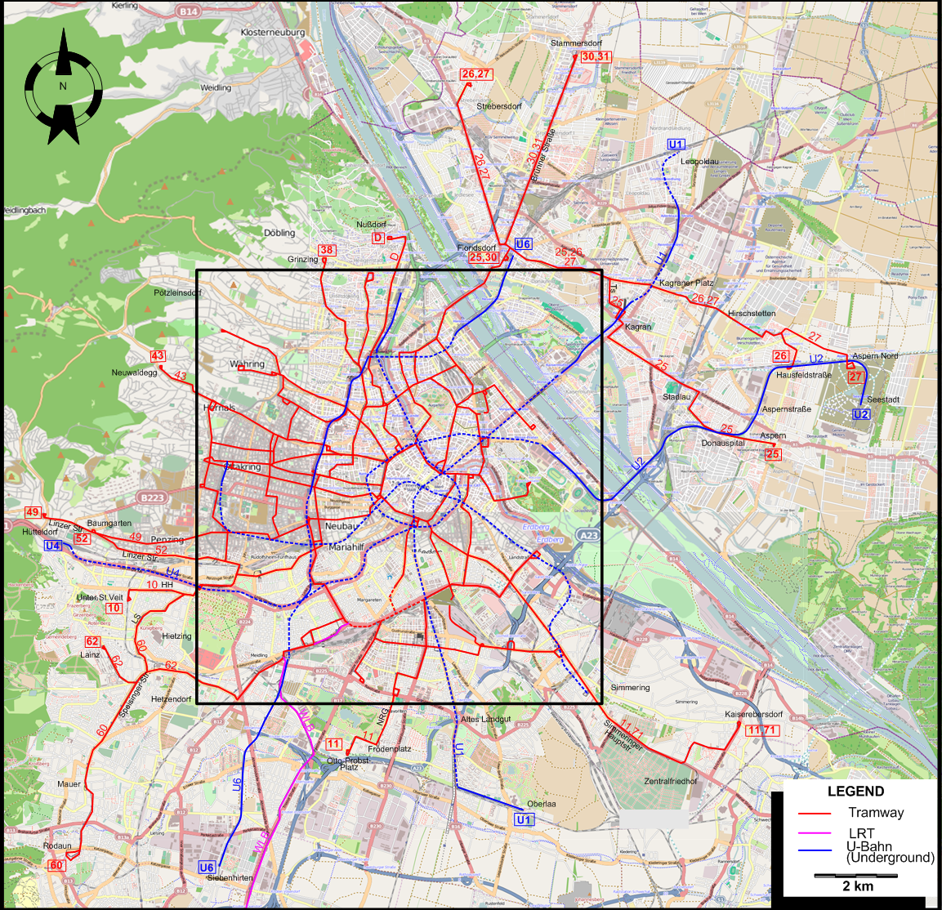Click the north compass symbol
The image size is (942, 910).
[63, 86]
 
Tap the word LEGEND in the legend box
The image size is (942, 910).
[855, 791]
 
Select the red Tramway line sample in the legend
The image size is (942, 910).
[814, 814]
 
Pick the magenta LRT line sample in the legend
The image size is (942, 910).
[814, 834]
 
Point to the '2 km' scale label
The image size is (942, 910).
[857, 886]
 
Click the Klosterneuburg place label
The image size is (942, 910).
[273, 33]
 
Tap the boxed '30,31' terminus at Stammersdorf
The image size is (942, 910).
[596, 56]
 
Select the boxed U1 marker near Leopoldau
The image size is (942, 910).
[676, 145]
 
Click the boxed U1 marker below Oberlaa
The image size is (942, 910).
[524, 819]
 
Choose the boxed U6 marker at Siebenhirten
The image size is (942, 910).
[207, 868]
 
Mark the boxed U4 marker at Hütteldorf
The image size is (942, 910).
[53, 546]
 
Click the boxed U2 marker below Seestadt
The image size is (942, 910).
[861, 414]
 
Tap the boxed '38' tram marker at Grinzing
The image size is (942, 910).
[327, 250]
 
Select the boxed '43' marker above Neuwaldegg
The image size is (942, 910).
[158, 356]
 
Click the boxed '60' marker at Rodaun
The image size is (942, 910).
[56, 865]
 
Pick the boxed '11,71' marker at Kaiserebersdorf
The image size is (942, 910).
[762, 729]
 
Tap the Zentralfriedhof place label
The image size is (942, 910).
[671, 781]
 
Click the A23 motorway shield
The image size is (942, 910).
[588, 536]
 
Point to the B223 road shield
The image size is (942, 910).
[152, 497]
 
